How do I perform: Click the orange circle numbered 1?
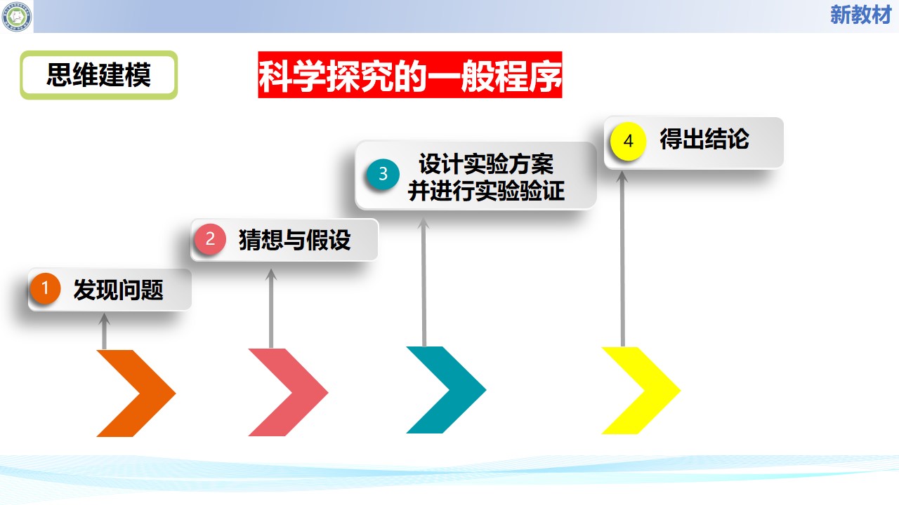46,288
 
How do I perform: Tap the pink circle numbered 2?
210,239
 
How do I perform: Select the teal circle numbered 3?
383,174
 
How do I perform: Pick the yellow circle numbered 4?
628,141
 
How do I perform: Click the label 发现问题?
119,290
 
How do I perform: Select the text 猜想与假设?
294,240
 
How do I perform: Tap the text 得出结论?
704,139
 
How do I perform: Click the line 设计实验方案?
486,164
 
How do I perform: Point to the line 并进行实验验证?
486,190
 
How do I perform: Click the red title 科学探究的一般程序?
409,74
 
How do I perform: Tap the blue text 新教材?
860,15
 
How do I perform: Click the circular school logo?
16,16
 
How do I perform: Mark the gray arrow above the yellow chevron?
622,259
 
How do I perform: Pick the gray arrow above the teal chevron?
424,282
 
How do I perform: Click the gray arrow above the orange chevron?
105,331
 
